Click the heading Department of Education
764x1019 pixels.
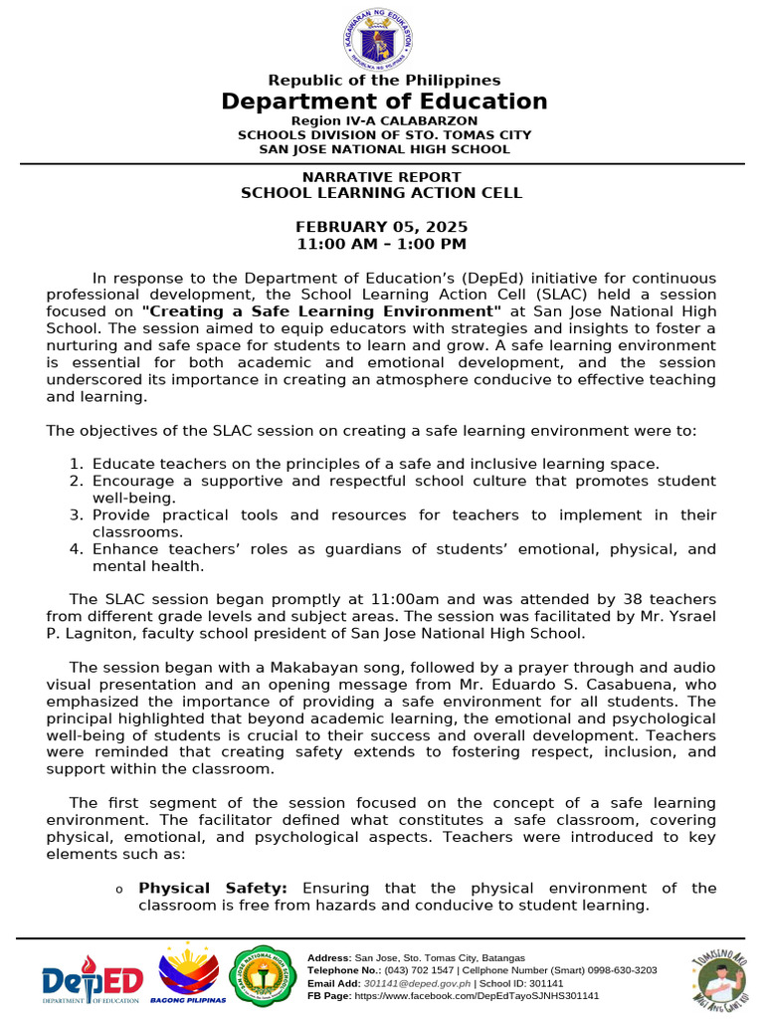384,102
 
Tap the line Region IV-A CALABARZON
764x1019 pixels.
384,120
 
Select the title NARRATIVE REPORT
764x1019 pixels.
382,177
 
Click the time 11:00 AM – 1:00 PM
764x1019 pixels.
382,244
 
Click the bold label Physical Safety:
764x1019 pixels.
213,888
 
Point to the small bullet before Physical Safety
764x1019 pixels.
118,890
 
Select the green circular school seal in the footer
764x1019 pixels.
262,976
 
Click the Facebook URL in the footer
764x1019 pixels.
477,995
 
